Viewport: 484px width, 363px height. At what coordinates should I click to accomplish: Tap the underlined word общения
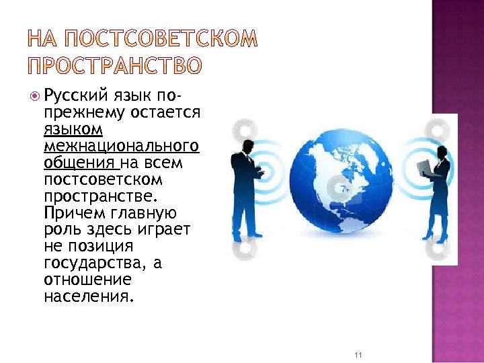[71, 163]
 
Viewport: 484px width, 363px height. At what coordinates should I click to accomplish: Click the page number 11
[357, 355]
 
